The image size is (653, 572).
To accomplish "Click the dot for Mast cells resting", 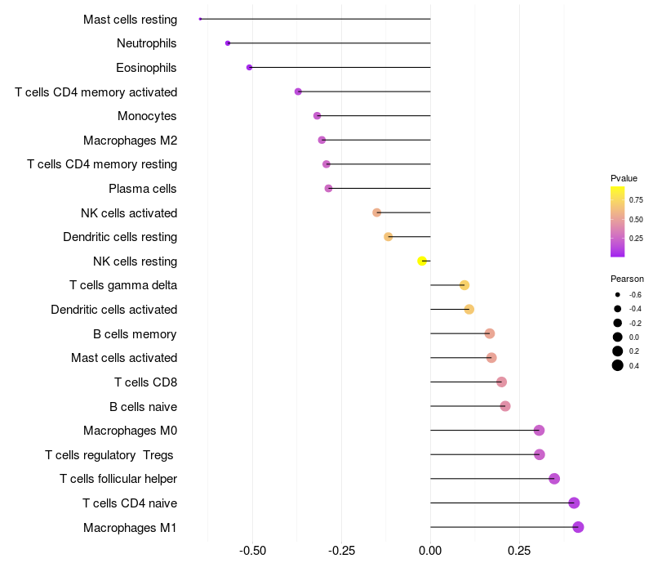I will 200,19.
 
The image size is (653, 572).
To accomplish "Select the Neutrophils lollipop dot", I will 228,43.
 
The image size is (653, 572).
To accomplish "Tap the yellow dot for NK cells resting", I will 422,261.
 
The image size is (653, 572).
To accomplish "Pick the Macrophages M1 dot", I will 578,527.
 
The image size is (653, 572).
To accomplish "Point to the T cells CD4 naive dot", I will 574,503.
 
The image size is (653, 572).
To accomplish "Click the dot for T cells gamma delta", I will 464,285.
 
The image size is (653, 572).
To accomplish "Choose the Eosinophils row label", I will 146,68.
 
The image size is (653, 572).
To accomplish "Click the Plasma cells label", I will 143,189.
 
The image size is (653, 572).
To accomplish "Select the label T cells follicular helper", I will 118,479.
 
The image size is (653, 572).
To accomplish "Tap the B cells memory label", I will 135,333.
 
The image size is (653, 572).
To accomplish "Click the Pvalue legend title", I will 624,178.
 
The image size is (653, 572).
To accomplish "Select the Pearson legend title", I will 627,279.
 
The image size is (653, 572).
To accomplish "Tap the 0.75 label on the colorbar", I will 636,199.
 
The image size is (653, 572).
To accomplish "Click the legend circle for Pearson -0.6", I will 618,294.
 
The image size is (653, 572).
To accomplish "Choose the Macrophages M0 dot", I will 539,431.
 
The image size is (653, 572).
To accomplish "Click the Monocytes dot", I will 318,116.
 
